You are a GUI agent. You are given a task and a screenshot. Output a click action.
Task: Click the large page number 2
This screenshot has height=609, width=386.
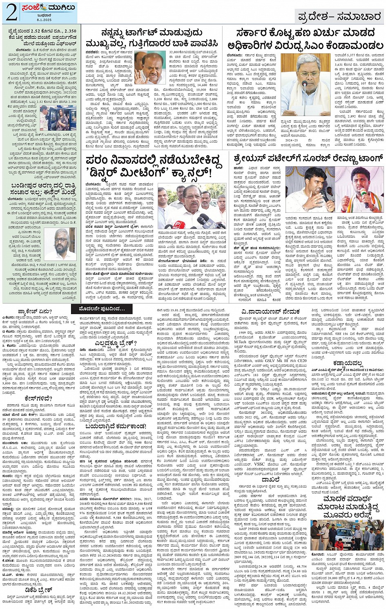(x=11, y=12)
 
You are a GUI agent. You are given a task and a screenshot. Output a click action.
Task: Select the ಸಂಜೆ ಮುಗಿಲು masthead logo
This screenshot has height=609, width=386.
(x=44, y=8)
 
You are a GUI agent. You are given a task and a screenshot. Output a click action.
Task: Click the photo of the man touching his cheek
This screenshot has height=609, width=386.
(x=150, y=68)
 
